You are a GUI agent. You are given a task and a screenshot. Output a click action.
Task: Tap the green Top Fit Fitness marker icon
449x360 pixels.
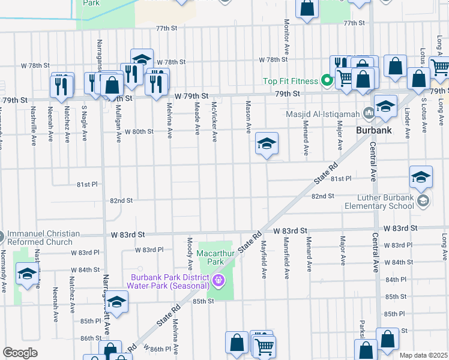[x=327, y=80]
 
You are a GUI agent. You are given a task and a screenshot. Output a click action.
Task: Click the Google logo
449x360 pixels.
[x=20, y=353]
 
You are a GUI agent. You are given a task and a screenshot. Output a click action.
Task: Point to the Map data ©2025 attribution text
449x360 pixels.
[x=423, y=355]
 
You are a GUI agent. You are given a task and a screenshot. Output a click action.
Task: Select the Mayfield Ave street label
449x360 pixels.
[x=264, y=259]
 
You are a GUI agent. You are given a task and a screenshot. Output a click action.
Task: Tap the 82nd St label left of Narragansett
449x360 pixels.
[x=121, y=200]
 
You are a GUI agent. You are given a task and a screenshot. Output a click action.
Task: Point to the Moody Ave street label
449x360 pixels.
[x=190, y=253]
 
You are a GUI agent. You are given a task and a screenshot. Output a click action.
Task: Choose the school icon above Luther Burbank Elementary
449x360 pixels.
[x=421, y=176]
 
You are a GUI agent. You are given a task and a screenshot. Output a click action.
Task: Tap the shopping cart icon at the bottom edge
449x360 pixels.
[x=264, y=346]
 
